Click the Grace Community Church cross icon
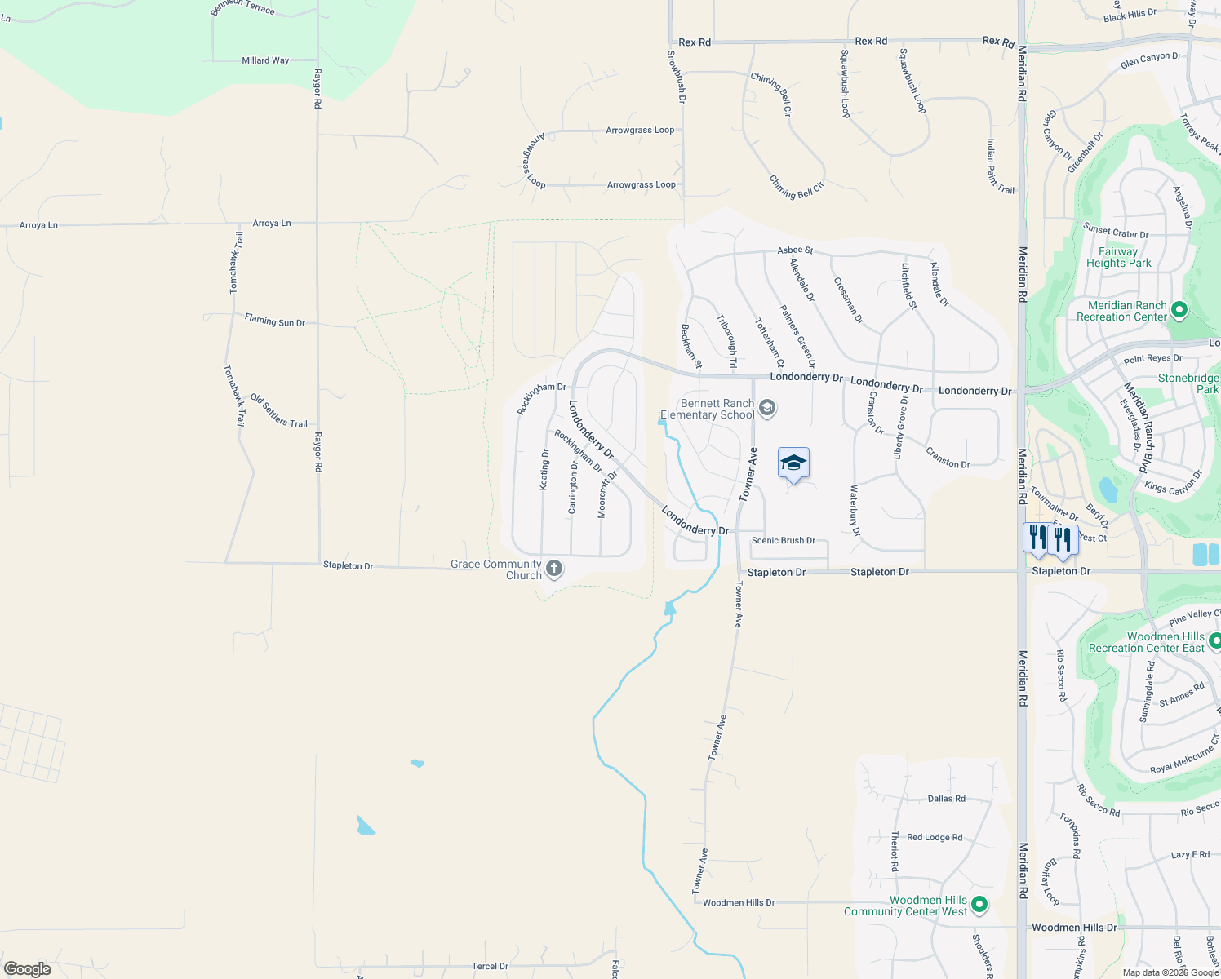click(x=554, y=569)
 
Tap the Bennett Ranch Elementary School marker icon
click(x=766, y=407)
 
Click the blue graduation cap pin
click(x=793, y=464)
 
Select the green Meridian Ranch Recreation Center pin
click(x=1179, y=311)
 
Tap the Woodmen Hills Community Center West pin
click(x=980, y=905)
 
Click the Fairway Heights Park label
click(x=1118, y=258)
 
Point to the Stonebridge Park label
click(x=1188, y=383)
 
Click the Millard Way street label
click(x=265, y=60)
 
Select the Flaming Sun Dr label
click(x=274, y=321)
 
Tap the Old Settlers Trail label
click(x=278, y=411)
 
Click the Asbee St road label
click(x=795, y=250)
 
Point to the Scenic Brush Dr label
click(x=783, y=540)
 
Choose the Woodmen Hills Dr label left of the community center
click(x=739, y=902)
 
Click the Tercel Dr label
click(x=490, y=966)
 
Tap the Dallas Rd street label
click(x=946, y=799)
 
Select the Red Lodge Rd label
click(x=934, y=837)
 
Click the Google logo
click(x=27, y=968)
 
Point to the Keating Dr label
click(x=544, y=470)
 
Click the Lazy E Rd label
click(x=1190, y=855)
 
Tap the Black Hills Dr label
click(x=1130, y=16)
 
